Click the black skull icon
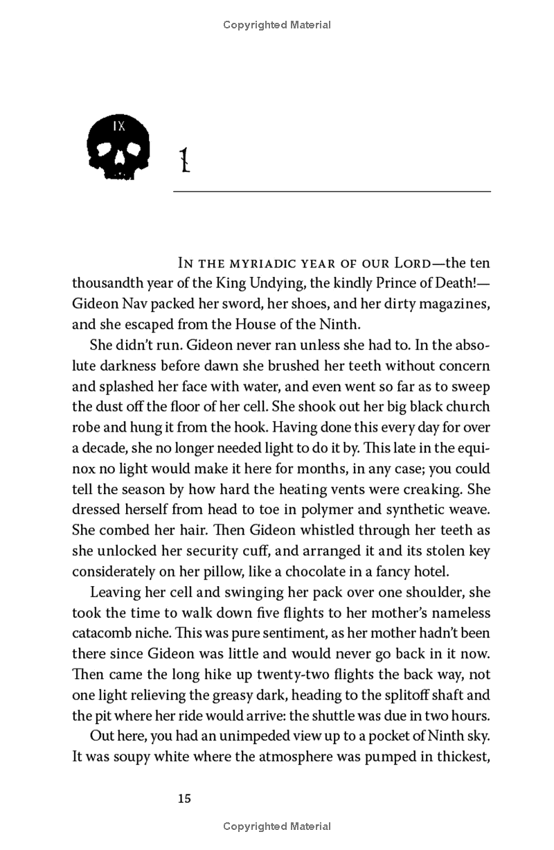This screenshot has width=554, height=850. (119, 148)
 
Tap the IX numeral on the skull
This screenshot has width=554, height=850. (119, 127)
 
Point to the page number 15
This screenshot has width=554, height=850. (184, 798)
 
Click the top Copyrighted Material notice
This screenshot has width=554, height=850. (277, 25)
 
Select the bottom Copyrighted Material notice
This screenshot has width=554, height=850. (277, 826)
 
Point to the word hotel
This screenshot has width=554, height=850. (431, 572)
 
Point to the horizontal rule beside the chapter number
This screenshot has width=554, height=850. (332, 191)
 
